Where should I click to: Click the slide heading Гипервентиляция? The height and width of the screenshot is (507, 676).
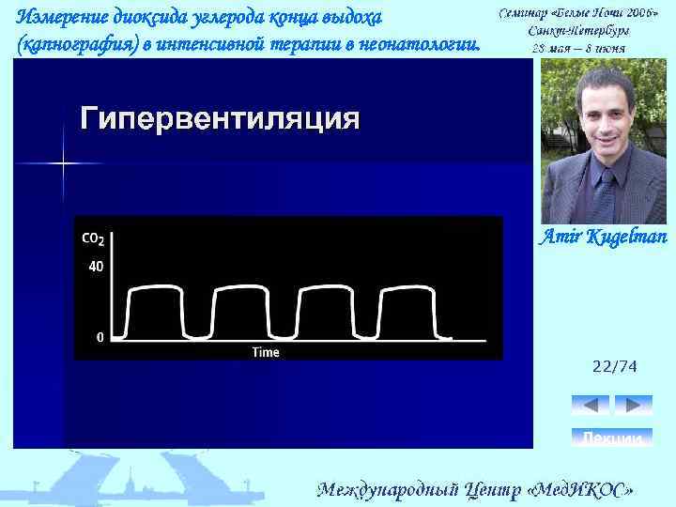click(x=220, y=118)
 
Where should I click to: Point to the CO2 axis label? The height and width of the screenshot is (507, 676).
click(x=93, y=239)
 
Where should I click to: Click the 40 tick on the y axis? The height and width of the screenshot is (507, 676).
click(x=96, y=267)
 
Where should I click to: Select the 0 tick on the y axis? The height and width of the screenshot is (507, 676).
click(x=100, y=336)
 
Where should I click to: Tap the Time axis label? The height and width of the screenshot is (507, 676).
click(x=266, y=352)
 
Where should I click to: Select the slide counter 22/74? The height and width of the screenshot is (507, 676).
click(x=614, y=367)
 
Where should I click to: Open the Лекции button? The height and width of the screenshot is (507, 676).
click(x=612, y=438)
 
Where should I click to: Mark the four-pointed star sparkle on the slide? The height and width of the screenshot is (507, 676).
click(x=64, y=163)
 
